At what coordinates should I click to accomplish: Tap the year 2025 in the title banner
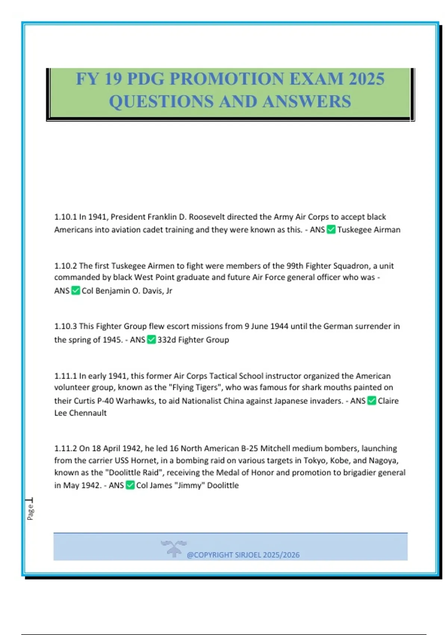pyautogui.click(x=367, y=79)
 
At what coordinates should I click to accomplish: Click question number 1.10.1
pyautogui.click(x=65, y=217)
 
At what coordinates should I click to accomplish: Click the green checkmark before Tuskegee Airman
pyautogui.click(x=331, y=229)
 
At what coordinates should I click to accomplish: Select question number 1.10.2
pyautogui.click(x=65, y=266)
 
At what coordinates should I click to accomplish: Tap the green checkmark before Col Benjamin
pyautogui.click(x=75, y=291)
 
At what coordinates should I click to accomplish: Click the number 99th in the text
pyautogui.click(x=295, y=266)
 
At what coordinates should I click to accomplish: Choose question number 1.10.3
pyautogui.click(x=65, y=326)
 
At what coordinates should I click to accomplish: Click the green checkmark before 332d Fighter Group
pyautogui.click(x=151, y=340)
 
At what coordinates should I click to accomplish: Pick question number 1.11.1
pyautogui.click(x=65, y=376)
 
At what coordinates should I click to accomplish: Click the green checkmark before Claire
pyautogui.click(x=371, y=401)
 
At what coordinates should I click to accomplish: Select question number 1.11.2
pyautogui.click(x=65, y=448)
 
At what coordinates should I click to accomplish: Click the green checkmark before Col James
pyautogui.click(x=130, y=485)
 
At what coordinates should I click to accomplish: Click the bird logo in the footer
pyautogui.click(x=173, y=548)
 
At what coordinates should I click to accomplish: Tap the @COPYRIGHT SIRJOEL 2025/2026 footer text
pyautogui.click(x=243, y=555)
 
